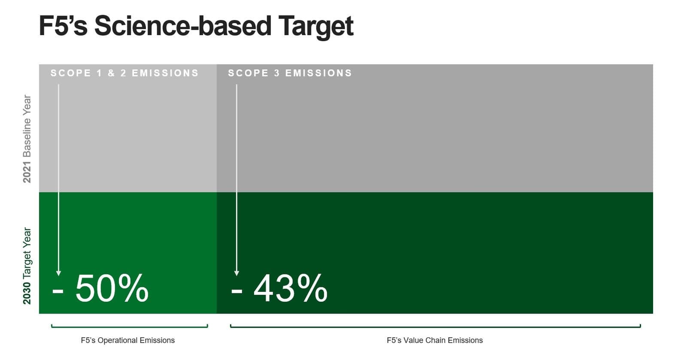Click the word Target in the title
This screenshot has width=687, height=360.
point(316,26)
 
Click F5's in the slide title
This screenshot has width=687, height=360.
point(63,26)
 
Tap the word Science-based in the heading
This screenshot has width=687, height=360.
point(183,26)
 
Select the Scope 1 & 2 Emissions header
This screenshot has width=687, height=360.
point(125,73)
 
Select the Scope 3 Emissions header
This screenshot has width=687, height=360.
point(290,73)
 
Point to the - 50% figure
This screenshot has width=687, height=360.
point(100,288)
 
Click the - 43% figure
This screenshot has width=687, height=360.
point(279,288)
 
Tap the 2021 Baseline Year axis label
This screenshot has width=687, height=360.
point(27,139)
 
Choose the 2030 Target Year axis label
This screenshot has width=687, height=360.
point(27,265)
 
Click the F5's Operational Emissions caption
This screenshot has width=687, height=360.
point(128,340)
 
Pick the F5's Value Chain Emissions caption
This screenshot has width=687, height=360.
point(435,340)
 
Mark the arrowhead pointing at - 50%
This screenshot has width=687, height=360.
point(58,273)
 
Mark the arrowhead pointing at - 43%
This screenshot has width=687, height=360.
point(236,273)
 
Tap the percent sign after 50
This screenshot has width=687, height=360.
point(133,288)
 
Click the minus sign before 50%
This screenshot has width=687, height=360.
point(58,291)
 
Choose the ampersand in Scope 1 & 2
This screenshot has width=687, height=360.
point(111,73)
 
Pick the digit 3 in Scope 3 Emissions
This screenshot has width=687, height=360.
point(277,73)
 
